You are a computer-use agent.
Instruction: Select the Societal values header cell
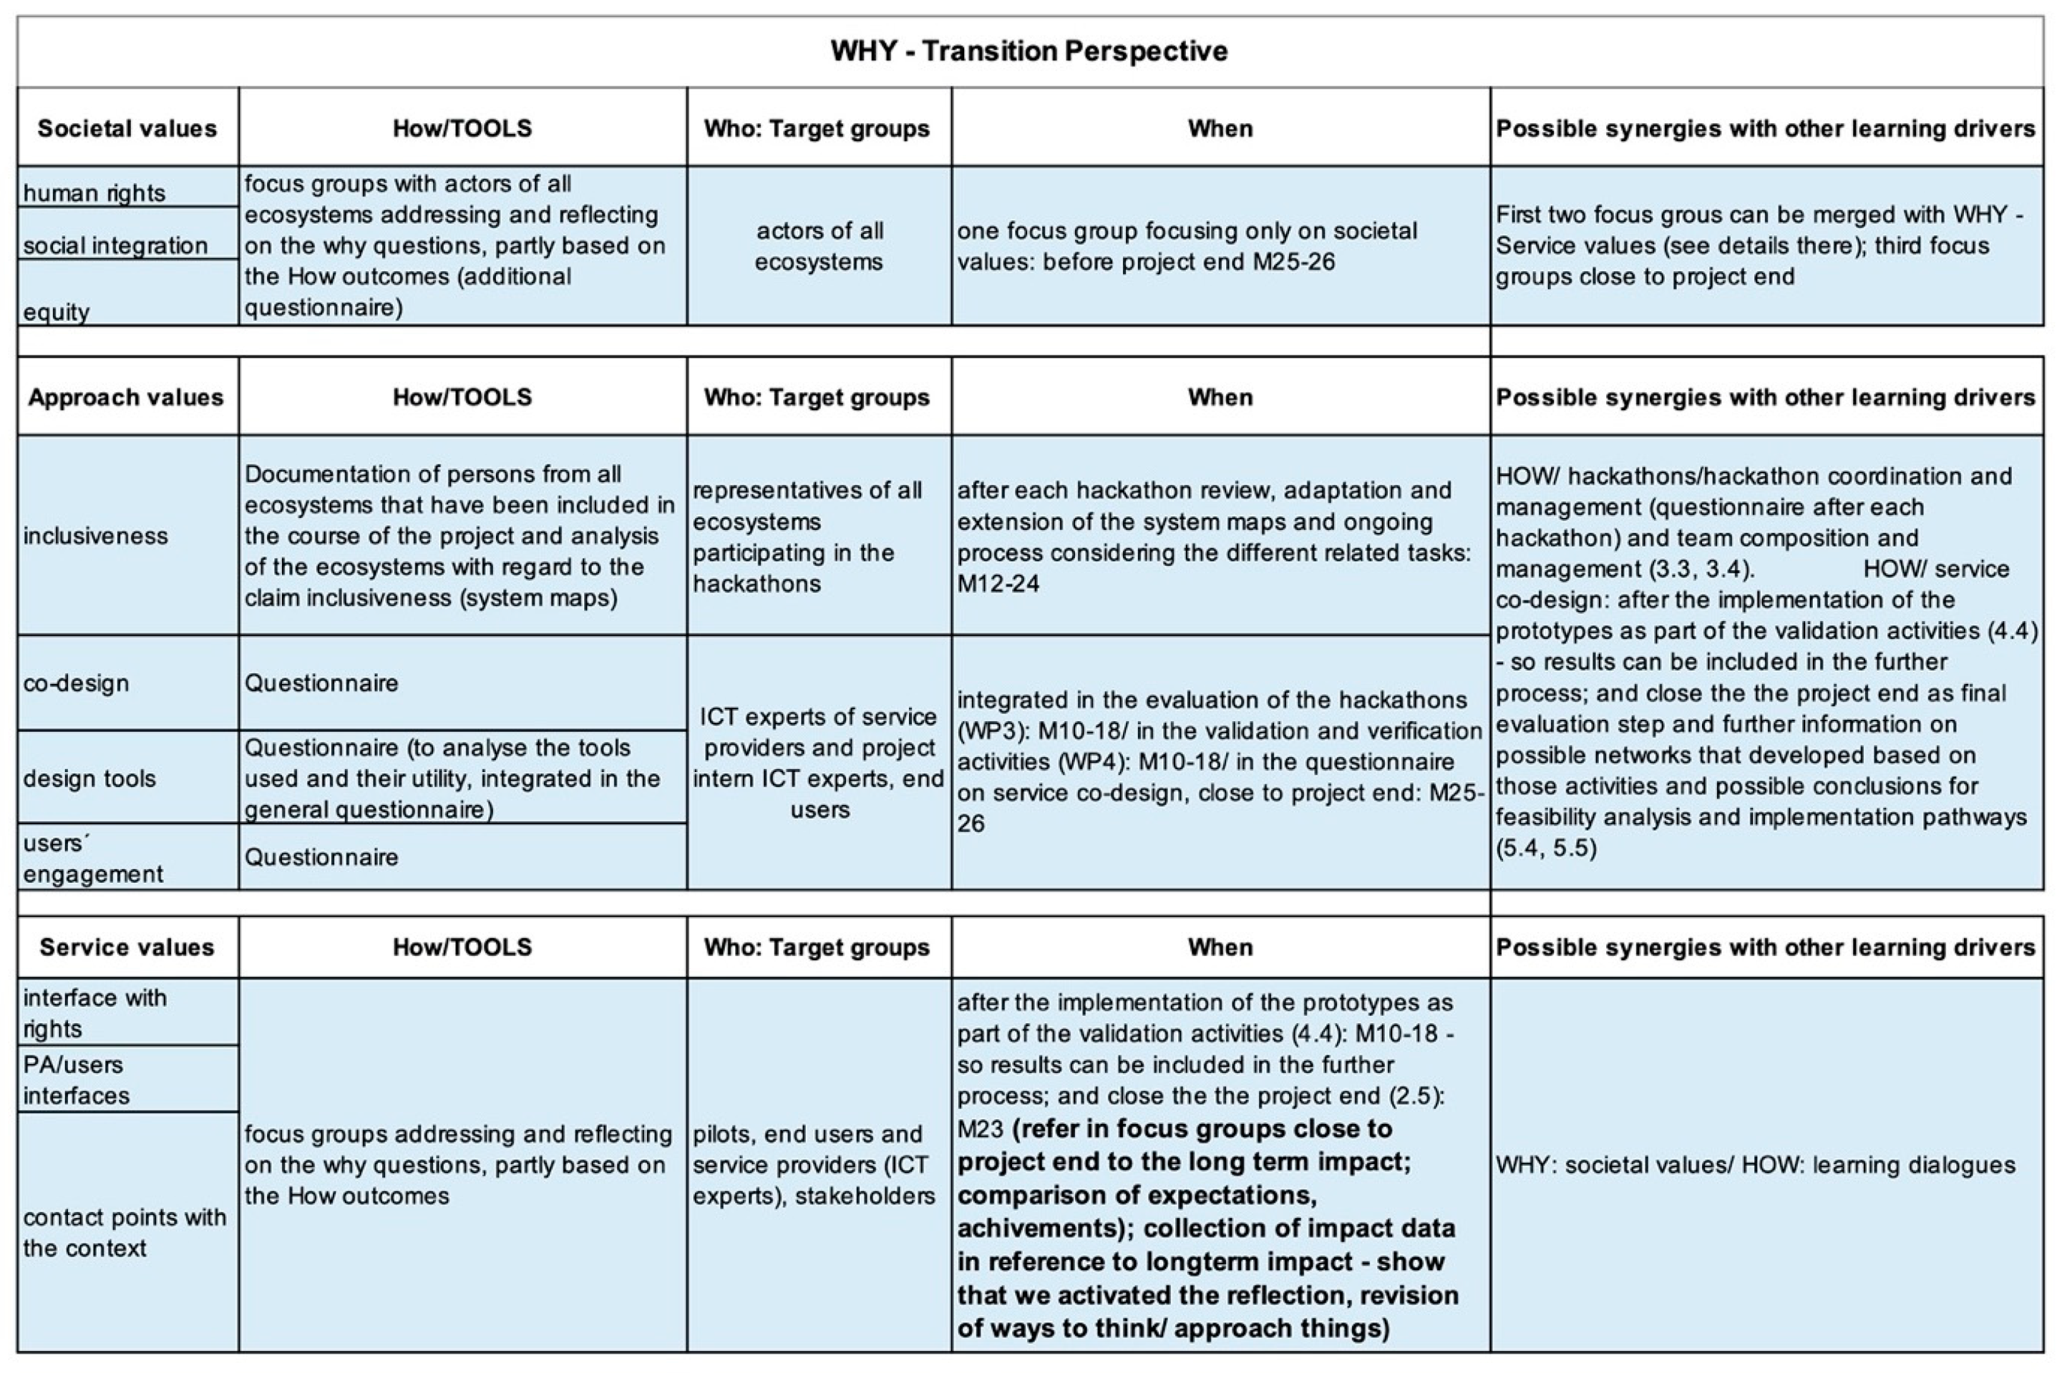point(127,129)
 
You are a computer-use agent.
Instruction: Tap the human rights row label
point(94,193)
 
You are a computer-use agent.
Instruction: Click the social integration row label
point(116,245)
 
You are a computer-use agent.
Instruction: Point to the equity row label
point(57,311)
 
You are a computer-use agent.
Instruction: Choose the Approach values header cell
point(126,398)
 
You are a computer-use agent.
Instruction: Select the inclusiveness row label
point(96,536)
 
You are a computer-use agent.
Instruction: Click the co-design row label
point(76,683)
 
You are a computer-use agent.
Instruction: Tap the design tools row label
point(89,778)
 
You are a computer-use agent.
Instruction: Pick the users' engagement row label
point(93,858)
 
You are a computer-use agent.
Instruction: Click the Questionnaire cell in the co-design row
point(322,683)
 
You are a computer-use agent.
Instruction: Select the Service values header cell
point(127,948)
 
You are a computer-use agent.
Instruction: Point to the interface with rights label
point(94,1013)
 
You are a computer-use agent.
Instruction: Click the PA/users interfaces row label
point(76,1080)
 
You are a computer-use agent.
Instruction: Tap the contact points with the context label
point(125,1232)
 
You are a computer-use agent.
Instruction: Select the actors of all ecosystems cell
point(819,246)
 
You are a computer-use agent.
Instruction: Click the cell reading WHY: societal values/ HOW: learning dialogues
point(1755,1165)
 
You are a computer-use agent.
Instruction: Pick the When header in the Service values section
point(1220,948)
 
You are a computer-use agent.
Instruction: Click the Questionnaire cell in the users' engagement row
point(322,857)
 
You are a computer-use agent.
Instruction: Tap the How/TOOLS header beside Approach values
point(463,398)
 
